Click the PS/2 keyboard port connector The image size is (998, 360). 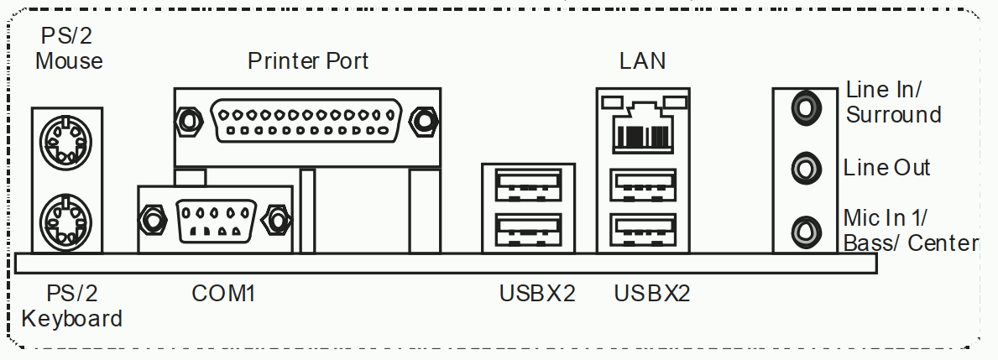coord(65,222)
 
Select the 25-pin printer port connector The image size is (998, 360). coord(306,121)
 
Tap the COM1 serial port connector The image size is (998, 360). coord(216,221)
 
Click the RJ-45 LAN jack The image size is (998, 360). coord(643,128)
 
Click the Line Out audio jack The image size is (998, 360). coord(806,169)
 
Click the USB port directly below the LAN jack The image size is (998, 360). coord(643,185)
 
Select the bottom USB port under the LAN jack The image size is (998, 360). coord(643,230)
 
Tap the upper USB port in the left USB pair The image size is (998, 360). coord(528,185)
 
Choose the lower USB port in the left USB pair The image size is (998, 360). coord(528,230)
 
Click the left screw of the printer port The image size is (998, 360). coord(188,120)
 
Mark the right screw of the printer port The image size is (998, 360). coord(424,120)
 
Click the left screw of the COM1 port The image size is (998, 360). coord(152,221)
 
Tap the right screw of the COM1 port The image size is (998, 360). coord(277,221)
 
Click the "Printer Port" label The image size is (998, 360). coord(308,61)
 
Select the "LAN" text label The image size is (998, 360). coord(642,61)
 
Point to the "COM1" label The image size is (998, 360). coord(223,293)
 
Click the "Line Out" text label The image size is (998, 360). coord(886,167)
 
